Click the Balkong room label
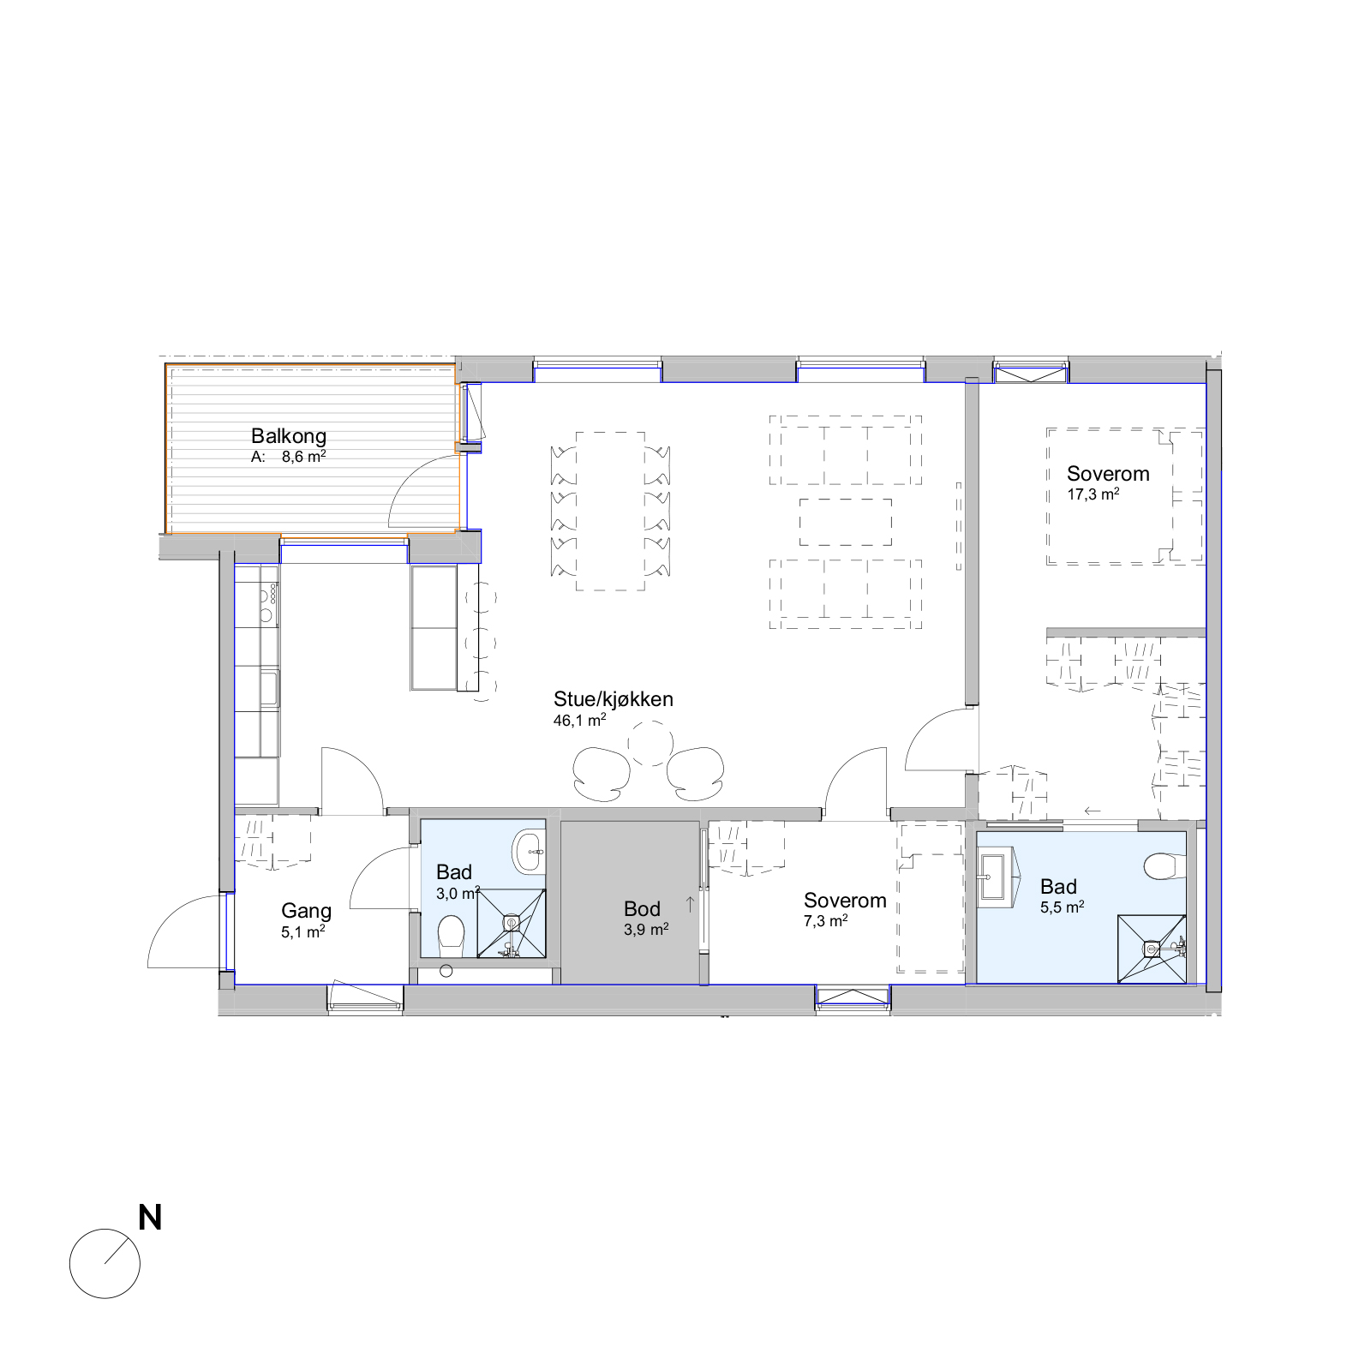click(x=289, y=436)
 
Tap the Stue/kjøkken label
click(x=614, y=699)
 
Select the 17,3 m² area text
click(x=1093, y=494)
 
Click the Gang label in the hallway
click(x=307, y=912)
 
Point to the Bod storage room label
click(x=643, y=909)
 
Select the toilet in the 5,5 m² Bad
click(x=1164, y=866)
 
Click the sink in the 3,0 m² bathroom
click(x=529, y=852)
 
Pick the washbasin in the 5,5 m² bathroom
click(x=997, y=877)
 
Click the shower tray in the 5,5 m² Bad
click(x=1152, y=949)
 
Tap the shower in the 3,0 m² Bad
click(x=511, y=923)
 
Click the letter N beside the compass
click(x=150, y=1218)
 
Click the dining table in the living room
click(x=610, y=512)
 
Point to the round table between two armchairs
click(x=650, y=742)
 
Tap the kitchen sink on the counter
click(x=269, y=688)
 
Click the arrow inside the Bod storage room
click(x=690, y=902)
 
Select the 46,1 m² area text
click(x=580, y=721)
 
